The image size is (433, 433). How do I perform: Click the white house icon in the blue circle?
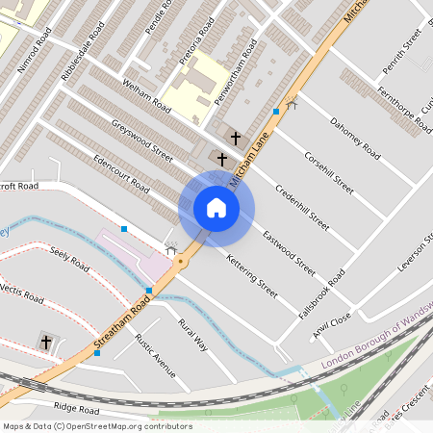tap(216, 208)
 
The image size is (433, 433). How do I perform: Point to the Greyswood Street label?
tap(141, 140)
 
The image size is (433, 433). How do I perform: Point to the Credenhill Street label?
tap(301, 201)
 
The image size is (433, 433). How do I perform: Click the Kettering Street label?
tap(251, 273)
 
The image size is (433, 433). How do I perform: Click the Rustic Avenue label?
tap(155, 355)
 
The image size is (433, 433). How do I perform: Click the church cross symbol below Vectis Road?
tap(46, 342)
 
